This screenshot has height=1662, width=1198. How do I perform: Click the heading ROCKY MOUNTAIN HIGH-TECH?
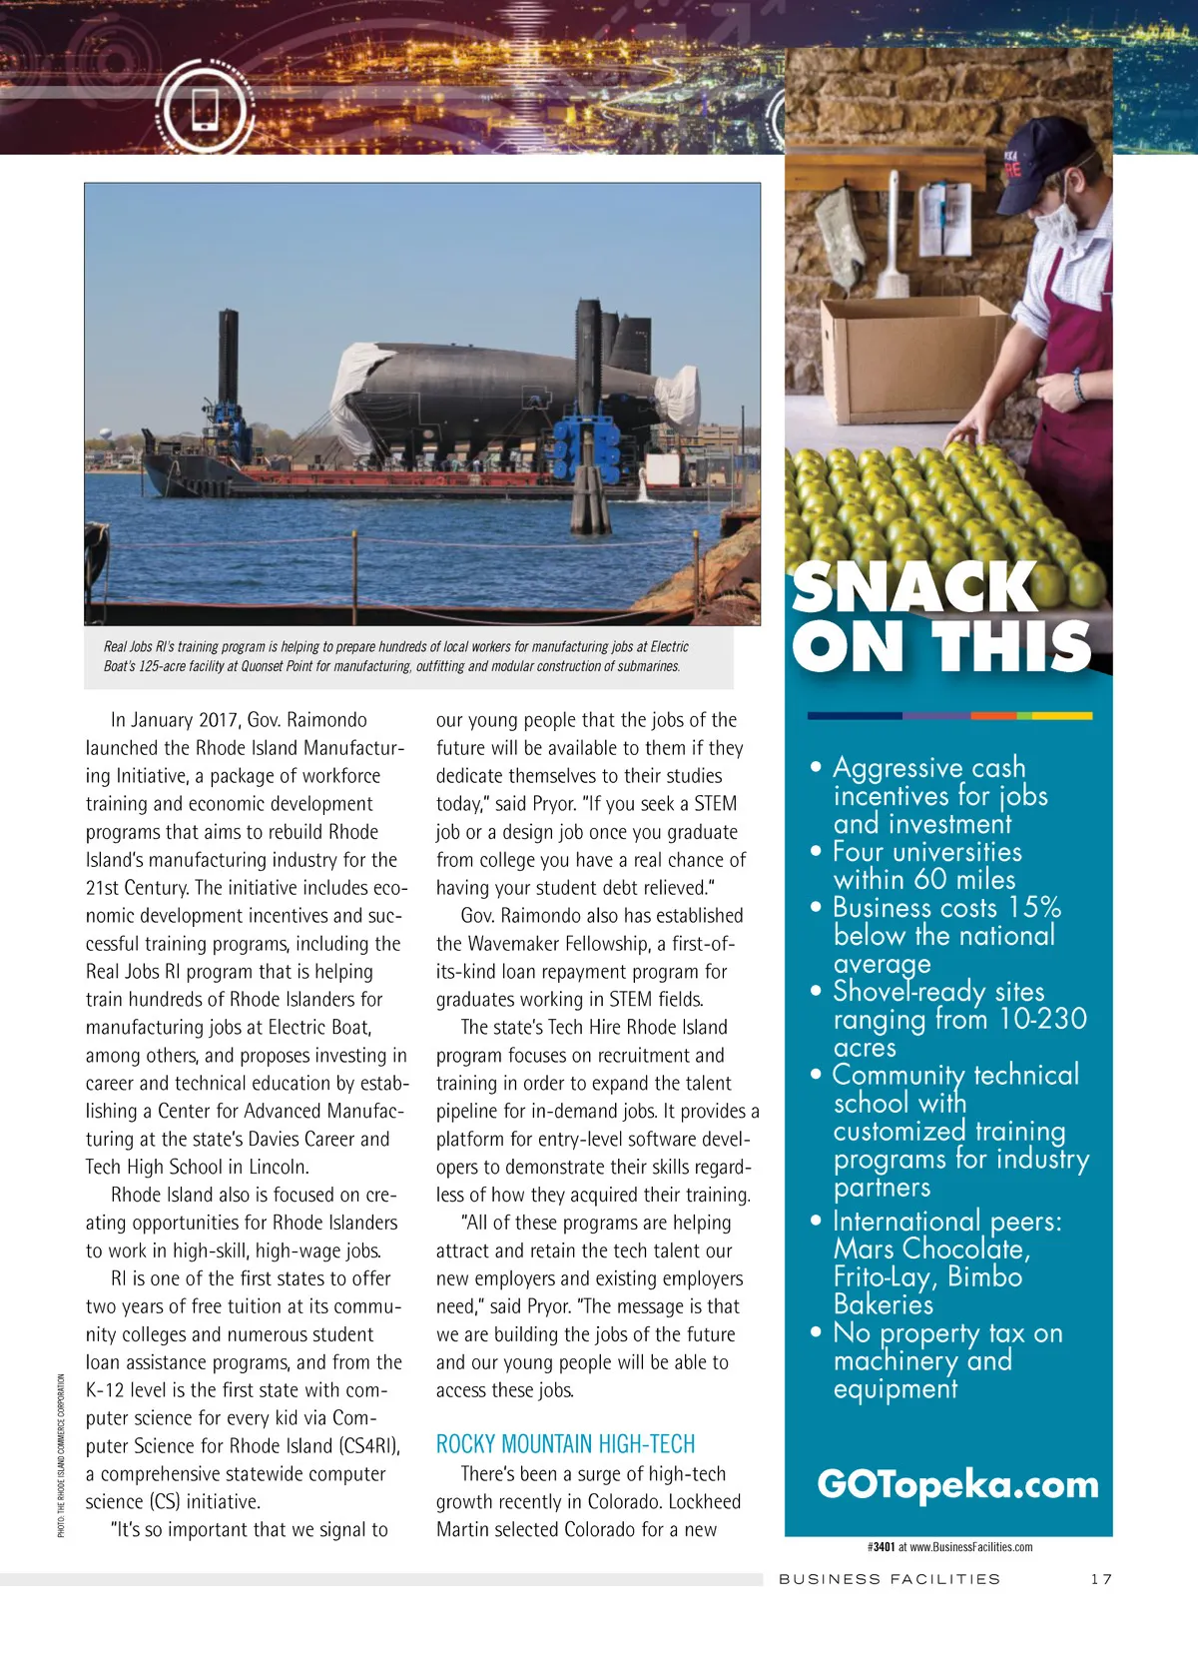tap(565, 1443)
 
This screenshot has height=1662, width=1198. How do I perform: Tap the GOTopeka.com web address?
tap(956, 1485)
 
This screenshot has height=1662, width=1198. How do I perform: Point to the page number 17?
tap(1100, 1579)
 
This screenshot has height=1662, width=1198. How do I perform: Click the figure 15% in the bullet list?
tap(1034, 908)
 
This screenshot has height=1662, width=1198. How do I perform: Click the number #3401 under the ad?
tap(881, 1547)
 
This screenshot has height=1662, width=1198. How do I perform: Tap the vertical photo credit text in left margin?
tap(61, 1455)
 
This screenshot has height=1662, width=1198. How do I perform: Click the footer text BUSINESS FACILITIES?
tap(889, 1579)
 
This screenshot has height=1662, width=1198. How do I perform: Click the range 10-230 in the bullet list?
tap(1043, 1020)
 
